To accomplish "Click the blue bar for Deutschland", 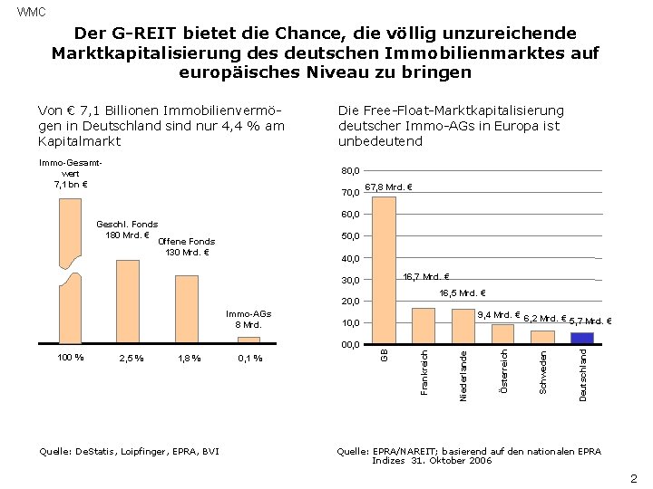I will (x=581, y=338).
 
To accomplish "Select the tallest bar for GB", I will (x=384, y=270).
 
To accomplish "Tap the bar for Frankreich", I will (x=424, y=326).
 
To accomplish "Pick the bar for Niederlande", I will (x=463, y=326).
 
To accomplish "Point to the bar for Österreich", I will (x=502, y=334).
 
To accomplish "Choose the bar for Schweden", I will (x=542, y=337).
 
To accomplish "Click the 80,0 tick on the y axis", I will (x=350, y=171).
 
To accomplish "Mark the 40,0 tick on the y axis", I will (x=350, y=258).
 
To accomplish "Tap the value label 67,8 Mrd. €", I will (x=388, y=188).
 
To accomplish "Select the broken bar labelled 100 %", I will (x=70, y=272).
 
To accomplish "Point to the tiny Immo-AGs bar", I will (x=249, y=340).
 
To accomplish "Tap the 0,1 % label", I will (x=249, y=359).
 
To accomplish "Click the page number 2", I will (x=633, y=478).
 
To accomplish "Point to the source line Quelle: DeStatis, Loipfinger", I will (x=129, y=451).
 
